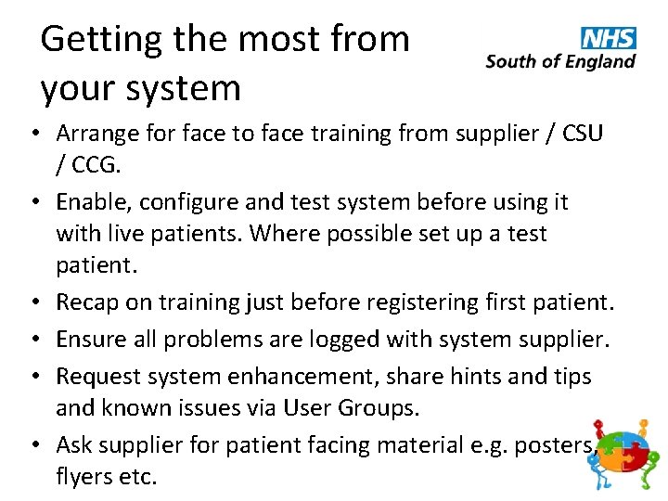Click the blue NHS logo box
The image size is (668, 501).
(x=609, y=38)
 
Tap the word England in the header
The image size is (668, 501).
(x=598, y=62)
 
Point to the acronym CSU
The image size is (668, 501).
(x=575, y=133)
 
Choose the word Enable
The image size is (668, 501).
(x=89, y=201)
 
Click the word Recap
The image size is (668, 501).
(x=86, y=302)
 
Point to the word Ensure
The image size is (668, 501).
(x=88, y=339)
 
